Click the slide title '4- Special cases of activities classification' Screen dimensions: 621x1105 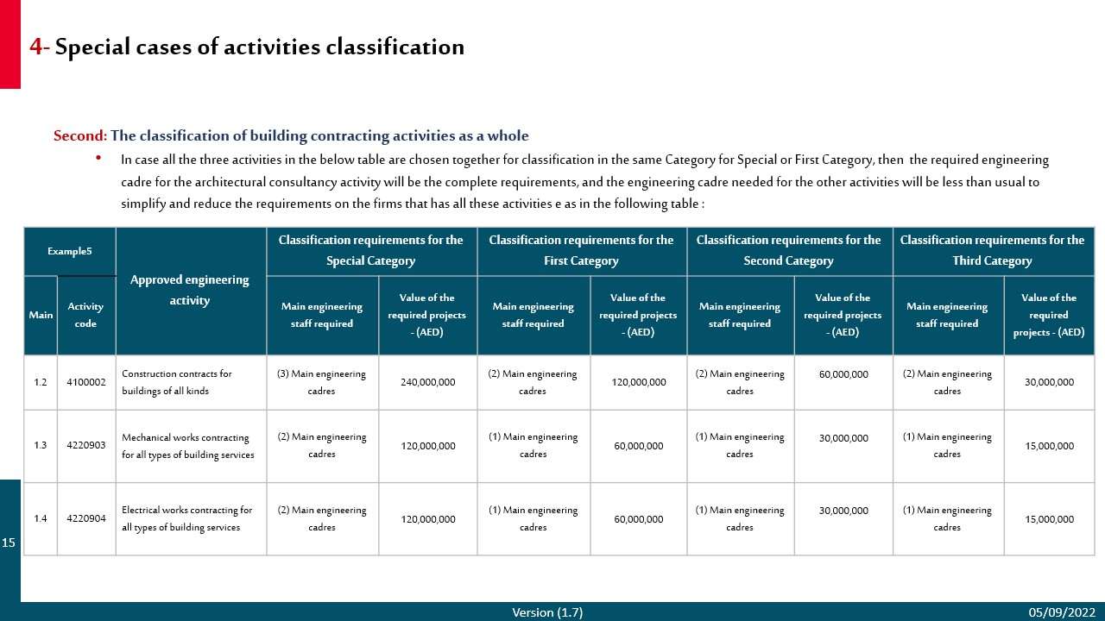click(247, 47)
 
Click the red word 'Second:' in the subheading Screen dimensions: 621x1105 click(80, 135)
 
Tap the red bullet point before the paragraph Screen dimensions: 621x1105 click(98, 158)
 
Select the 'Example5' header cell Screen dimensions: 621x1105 click(69, 251)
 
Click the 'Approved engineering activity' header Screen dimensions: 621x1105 click(190, 290)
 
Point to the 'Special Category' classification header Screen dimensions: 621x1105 click(370, 250)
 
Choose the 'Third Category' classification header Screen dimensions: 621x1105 click(992, 250)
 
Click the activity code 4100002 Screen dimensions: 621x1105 click(85, 381)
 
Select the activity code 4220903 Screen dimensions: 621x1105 click(85, 445)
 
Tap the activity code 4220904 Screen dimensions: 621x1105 click(85, 518)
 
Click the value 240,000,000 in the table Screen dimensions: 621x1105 click(427, 382)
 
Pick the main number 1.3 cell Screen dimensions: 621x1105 click(41, 445)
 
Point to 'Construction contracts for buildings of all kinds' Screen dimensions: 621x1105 click(177, 382)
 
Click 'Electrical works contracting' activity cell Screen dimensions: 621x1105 click(186, 518)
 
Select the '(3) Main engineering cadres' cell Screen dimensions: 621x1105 click(321, 382)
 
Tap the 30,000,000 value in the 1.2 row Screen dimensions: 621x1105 click(1049, 382)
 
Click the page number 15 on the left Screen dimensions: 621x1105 click(9, 543)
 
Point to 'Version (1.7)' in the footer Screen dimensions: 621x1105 click(547, 612)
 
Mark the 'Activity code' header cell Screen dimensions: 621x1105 click(85, 315)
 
